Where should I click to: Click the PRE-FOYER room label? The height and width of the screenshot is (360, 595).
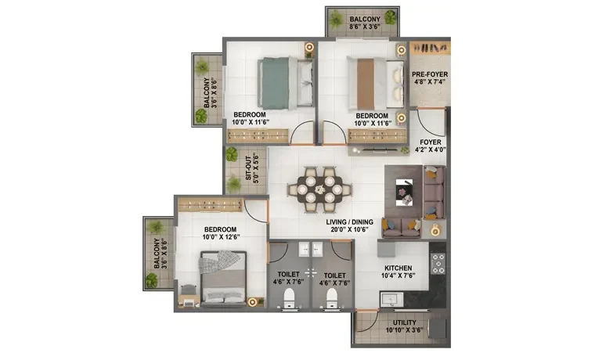click(x=430, y=74)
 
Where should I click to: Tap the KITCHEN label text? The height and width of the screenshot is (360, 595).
click(x=398, y=268)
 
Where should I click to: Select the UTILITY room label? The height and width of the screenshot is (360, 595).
click(x=404, y=322)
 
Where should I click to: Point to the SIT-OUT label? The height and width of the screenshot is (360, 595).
click(x=248, y=168)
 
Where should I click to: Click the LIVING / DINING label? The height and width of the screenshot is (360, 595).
click(x=349, y=222)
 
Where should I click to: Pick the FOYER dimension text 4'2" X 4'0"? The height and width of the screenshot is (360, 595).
click(x=431, y=149)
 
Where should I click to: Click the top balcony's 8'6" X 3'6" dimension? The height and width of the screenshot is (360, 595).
click(x=365, y=27)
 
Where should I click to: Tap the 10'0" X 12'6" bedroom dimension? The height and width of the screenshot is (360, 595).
click(x=221, y=237)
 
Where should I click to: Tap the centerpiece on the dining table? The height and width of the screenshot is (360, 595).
click(x=320, y=189)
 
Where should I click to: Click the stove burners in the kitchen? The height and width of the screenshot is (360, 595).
click(x=438, y=264)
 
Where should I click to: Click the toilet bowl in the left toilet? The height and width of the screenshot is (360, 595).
click(x=289, y=298)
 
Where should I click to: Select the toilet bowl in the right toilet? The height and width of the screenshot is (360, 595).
click(x=332, y=298)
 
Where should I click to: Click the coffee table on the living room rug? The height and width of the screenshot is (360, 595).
click(x=404, y=193)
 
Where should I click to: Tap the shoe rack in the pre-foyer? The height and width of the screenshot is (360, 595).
click(x=430, y=48)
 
